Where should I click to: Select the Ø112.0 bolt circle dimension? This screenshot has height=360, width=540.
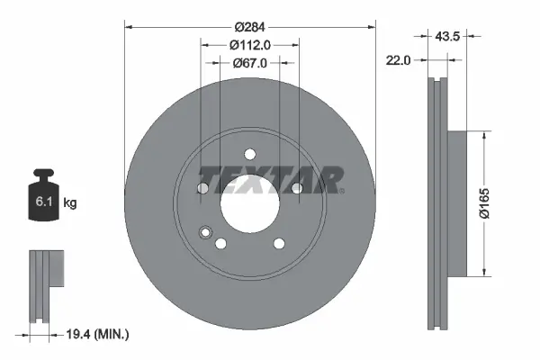tap(249, 45)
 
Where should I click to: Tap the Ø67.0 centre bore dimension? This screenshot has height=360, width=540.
tap(249, 63)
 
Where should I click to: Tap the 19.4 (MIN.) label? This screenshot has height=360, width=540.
tap(100, 335)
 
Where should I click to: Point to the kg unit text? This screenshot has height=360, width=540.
tap(70, 203)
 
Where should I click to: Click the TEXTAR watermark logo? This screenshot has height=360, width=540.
tap(270, 179)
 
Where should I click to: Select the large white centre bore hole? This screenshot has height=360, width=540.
tap(249, 199)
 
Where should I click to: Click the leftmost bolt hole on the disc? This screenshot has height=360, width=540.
tap(203, 188)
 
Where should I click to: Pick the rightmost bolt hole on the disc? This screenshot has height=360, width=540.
tap(295, 187)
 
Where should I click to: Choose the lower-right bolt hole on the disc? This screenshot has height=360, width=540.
tap(278, 242)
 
